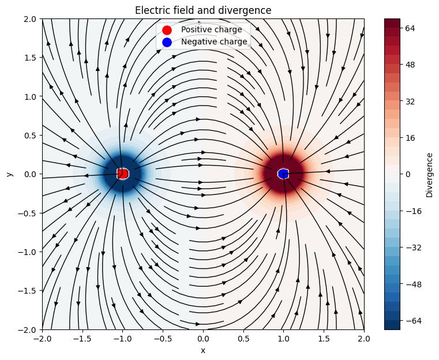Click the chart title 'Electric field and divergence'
(203, 10)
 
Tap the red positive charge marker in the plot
(122, 174)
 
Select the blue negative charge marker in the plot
(283, 174)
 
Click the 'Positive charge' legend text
(211, 29)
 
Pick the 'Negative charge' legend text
(213, 42)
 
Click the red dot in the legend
(167, 29)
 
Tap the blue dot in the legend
(167, 42)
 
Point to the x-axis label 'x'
(203, 350)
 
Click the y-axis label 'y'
(10, 174)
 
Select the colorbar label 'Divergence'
(429, 175)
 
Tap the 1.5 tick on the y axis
(29, 57)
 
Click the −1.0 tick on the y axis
(27, 252)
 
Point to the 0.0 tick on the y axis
(29, 174)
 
